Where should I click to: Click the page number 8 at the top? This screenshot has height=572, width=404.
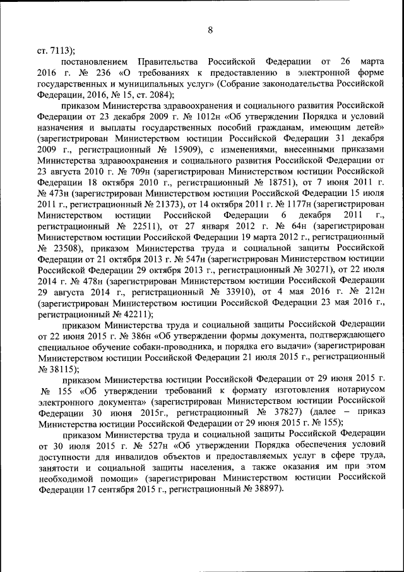[210, 29]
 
